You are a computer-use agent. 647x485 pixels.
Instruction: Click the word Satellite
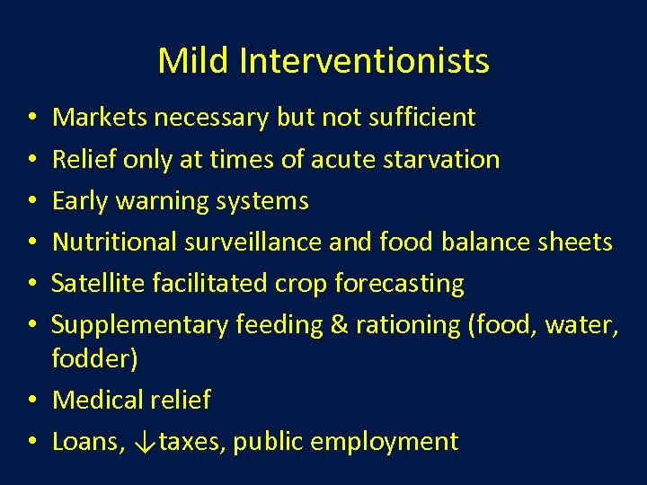(92, 283)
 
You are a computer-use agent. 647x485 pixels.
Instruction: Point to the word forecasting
(399, 284)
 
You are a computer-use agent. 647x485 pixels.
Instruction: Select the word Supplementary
(140, 324)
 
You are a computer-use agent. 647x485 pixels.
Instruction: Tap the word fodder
(91, 358)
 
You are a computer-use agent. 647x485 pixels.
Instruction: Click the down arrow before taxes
(146, 442)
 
